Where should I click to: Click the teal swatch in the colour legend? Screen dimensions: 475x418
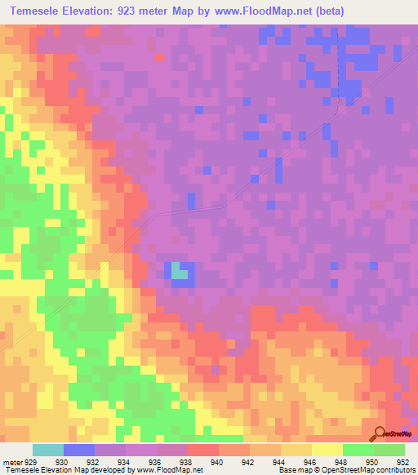48,451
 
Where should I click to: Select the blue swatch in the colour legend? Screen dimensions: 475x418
79,451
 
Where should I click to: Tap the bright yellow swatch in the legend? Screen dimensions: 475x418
327,451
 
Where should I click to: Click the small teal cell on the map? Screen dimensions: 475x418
176,273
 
